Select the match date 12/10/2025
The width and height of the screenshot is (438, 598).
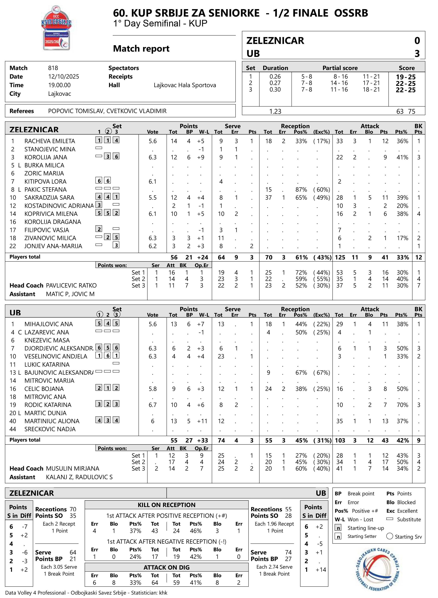pyautogui.click(x=64, y=77)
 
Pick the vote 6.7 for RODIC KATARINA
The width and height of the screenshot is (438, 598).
pyautogui.click(x=153, y=405)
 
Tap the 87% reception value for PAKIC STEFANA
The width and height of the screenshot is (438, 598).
pyautogui.click(x=301, y=190)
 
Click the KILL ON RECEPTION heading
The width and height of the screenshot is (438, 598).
pyautogui.click(x=167, y=505)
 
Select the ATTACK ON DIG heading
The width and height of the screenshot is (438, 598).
pyautogui.click(x=167, y=567)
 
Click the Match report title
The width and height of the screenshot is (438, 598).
pyautogui.click(x=141, y=49)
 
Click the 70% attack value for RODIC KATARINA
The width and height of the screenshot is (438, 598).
pyautogui.click(x=402, y=405)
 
